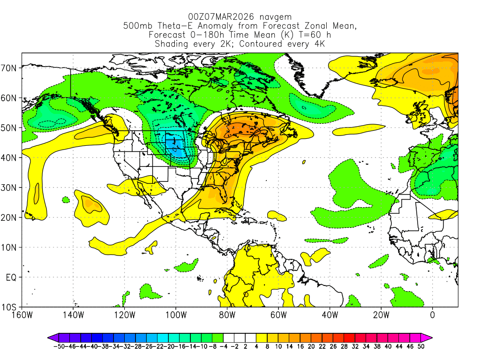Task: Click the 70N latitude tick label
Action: pyautogui.click(x=10, y=68)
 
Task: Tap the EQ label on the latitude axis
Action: pyautogui.click(x=11, y=277)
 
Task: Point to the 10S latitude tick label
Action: pyautogui.click(x=10, y=307)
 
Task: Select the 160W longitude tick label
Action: pyautogui.click(x=22, y=314)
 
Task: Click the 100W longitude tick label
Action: pyautogui.click(x=176, y=314)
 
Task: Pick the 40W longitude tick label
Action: pyautogui.click(x=330, y=314)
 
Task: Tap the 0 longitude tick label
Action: pyautogui.click(x=432, y=314)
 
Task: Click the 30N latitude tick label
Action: pyautogui.click(x=10, y=187)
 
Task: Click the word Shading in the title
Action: pyautogui.click(x=172, y=44)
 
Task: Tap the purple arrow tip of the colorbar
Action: pyautogui.click(x=51, y=337)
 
